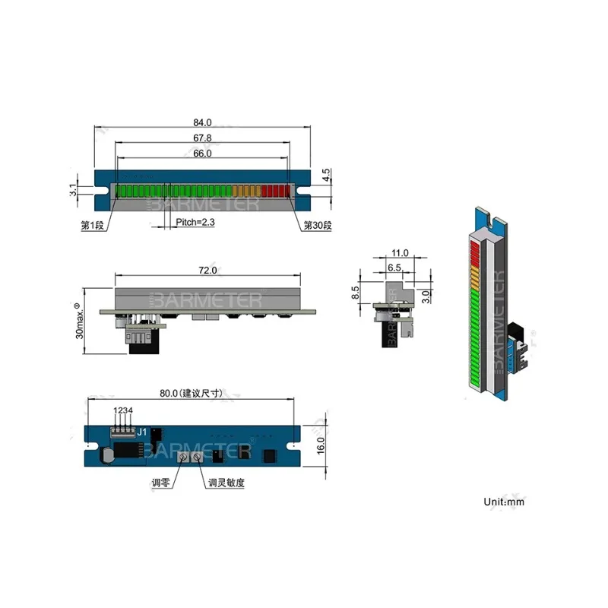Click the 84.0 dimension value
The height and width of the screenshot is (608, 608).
click(x=202, y=122)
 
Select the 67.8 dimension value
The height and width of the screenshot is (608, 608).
click(x=202, y=138)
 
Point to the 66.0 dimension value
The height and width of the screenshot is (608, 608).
click(x=202, y=154)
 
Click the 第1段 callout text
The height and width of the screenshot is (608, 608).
click(x=93, y=225)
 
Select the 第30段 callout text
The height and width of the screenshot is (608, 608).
click(x=318, y=225)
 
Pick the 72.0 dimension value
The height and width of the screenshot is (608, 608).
click(x=208, y=270)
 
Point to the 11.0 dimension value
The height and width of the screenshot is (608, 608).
click(x=401, y=253)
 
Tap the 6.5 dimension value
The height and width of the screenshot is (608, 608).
click(x=394, y=268)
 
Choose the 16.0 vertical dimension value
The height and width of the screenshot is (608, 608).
click(x=321, y=444)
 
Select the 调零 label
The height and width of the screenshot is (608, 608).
click(x=161, y=483)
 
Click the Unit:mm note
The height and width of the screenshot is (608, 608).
click(x=504, y=502)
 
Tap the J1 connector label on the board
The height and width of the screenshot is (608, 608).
click(x=142, y=435)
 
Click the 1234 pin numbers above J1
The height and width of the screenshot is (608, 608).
click(x=124, y=411)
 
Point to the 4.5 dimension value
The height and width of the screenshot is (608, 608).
click(x=326, y=176)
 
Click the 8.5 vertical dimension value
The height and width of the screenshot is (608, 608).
click(x=355, y=293)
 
